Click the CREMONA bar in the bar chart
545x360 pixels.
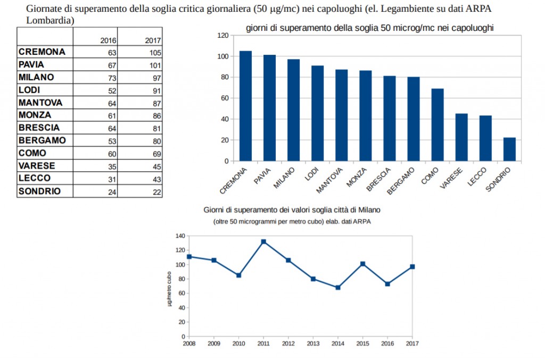coord(245,106)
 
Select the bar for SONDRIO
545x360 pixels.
coord(509,149)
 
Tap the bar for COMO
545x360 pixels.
coord(437,125)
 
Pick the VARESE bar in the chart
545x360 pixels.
coord(461,137)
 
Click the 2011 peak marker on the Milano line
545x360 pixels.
coord(263,242)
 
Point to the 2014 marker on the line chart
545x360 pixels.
coord(338,288)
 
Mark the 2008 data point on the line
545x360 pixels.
coord(189,257)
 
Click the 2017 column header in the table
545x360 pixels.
coord(153,40)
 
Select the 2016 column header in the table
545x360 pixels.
coord(108,40)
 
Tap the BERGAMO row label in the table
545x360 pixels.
coord(42,140)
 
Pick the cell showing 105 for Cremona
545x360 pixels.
coord(154,53)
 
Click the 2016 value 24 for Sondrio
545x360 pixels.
coord(112,192)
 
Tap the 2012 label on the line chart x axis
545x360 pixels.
coord(288,343)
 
